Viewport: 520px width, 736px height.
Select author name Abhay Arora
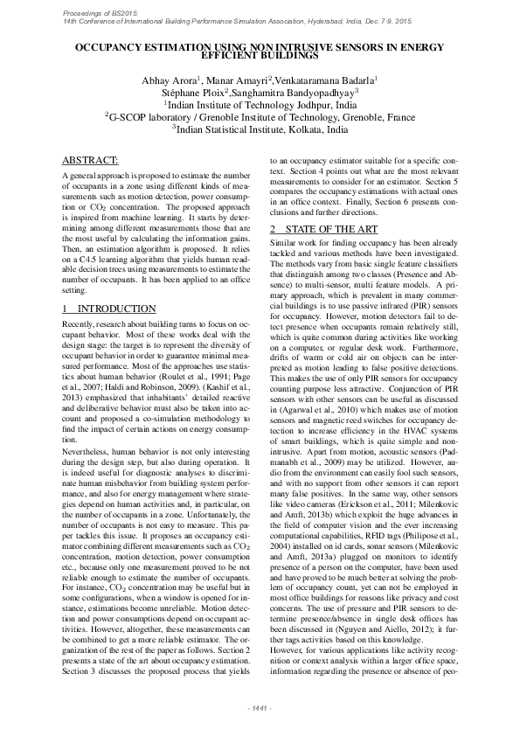(169, 80)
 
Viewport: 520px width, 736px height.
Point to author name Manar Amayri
(239, 80)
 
